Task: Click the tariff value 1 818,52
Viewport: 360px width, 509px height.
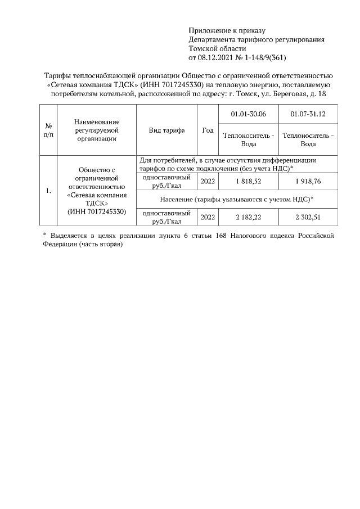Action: [x=249, y=181]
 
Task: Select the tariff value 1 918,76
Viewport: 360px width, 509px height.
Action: [x=308, y=181]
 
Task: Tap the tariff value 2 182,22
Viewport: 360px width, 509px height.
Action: [x=249, y=217]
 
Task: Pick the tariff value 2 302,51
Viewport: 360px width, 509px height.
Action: [x=308, y=217]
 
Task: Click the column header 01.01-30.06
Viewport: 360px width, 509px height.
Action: [x=249, y=114]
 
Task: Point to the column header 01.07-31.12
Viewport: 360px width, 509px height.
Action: [x=308, y=114]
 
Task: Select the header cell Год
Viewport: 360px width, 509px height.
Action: [x=208, y=130]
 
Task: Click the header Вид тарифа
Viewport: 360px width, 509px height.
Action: [x=166, y=130]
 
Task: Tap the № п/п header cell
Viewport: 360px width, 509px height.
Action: [x=48, y=130]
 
